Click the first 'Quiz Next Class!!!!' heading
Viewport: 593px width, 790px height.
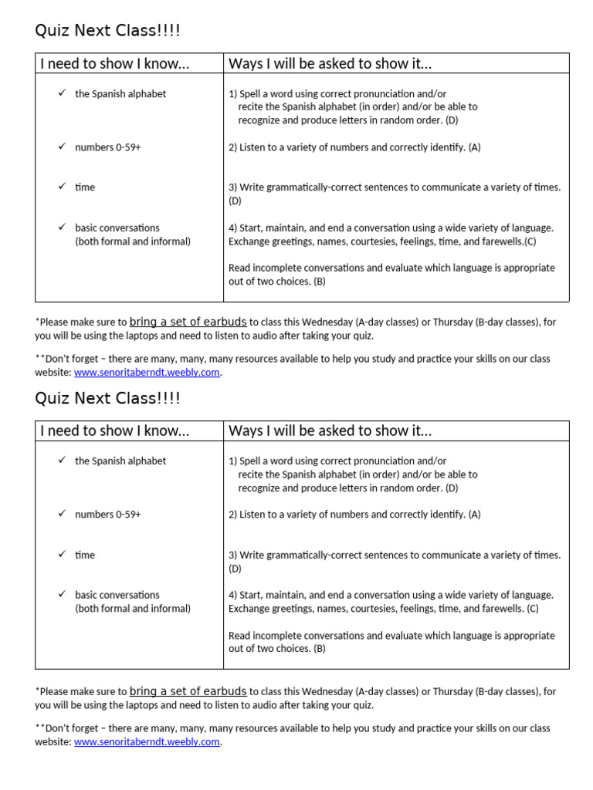[107, 31]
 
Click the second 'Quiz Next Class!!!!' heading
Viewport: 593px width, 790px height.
[107, 398]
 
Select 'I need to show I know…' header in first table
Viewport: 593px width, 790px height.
[114, 63]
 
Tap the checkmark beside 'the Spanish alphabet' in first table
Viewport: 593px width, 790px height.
[62, 93]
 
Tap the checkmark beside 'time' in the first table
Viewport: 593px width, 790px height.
[62, 187]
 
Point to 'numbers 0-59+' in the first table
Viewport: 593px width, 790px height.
[107, 147]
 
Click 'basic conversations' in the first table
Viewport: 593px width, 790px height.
[117, 228]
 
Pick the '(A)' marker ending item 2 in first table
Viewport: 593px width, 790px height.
[474, 147]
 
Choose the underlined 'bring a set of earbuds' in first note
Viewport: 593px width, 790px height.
[188, 322]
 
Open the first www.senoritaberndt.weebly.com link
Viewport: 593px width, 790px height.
[147, 373]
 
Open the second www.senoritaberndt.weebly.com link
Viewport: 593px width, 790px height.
[147, 742]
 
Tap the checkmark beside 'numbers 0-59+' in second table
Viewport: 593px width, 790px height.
[62, 514]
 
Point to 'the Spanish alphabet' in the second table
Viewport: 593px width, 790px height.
[120, 461]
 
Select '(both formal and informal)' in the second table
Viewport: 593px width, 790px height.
[133, 609]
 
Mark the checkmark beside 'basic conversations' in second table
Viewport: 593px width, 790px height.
[62, 595]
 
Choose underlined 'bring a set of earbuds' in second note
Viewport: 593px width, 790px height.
[188, 691]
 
